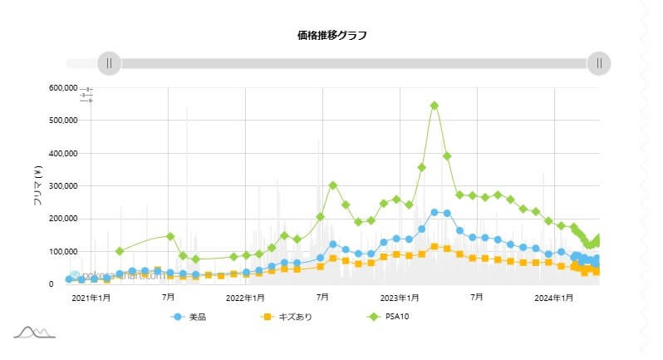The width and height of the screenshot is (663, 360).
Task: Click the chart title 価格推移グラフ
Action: pos(331,35)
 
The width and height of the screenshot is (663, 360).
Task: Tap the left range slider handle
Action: pos(109,63)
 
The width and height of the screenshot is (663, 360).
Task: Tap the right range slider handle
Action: pos(599,63)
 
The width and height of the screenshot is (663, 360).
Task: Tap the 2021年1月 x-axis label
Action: pos(91,297)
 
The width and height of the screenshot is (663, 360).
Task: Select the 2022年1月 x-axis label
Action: pos(245,297)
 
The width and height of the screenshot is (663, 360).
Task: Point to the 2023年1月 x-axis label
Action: pos(400,297)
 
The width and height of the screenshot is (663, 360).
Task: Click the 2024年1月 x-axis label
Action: pos(554,297)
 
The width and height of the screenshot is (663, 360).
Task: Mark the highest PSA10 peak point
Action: pos(435,106)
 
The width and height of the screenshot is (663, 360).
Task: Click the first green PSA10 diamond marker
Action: pos(120,251)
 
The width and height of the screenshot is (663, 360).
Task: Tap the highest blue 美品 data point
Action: pos(435,212)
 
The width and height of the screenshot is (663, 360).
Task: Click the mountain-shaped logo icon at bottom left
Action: pos(34,333)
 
